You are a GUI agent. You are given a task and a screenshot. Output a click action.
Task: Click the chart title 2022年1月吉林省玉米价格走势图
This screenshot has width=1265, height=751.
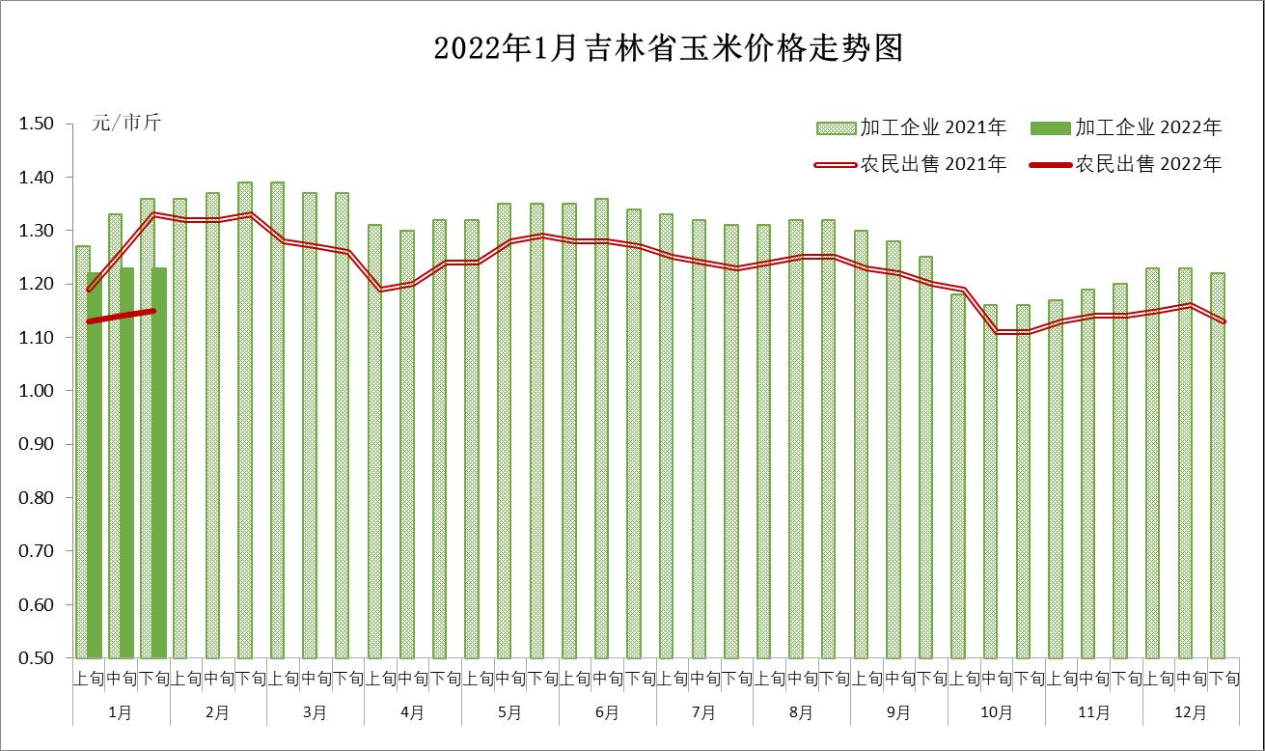tap(668, 48)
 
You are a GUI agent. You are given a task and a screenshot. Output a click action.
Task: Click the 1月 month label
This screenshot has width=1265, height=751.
tap(121, 713)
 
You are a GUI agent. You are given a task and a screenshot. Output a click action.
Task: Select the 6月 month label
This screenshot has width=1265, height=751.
tap(607, 713)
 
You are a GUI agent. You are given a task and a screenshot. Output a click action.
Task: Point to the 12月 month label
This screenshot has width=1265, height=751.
tap(1191, 713)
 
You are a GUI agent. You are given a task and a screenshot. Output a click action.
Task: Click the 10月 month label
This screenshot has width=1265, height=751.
tap(997, 713)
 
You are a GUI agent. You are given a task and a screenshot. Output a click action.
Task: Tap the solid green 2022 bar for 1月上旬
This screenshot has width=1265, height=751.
tap(95, 463)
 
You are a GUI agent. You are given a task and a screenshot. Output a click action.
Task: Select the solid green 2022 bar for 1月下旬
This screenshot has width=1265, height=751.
tap(159, 463)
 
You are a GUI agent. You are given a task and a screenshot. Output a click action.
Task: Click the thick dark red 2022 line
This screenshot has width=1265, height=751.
tap(121, 316)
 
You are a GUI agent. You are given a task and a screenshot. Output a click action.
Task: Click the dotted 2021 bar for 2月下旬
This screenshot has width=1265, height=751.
tap(245, 420)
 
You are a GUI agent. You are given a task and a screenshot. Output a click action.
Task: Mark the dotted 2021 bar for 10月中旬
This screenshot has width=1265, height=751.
tap(991, 483)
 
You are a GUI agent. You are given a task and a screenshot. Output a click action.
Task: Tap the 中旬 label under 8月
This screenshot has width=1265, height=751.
tap(802, 679)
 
